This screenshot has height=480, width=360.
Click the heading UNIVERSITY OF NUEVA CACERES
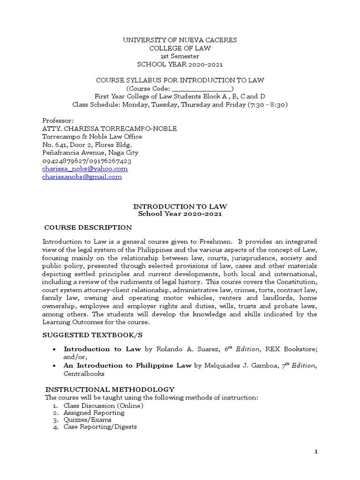click(x=180, y=40)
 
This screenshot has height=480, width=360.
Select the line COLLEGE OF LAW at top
click(x=180, y=48)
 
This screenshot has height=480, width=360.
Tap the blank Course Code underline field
click(x=202, y=88)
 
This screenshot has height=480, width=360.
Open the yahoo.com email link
click(x=85, y=168)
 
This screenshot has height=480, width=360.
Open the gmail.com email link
click(x=82, y=177)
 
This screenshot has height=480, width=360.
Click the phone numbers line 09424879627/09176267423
click(x=87, y=161)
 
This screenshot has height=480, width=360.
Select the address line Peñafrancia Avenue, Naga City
click(x=90, y=152)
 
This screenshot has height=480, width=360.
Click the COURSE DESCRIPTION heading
click(x=88, y=227)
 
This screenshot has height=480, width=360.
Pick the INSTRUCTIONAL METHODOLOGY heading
click(x=110, y=390)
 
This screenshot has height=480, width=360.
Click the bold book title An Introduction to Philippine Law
click(x=127, y=366)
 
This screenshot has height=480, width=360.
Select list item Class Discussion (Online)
click(x=104, y=405)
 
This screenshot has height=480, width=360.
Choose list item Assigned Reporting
click(x=94, y=412)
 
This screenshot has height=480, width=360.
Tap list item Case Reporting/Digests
click(x=100, y=427)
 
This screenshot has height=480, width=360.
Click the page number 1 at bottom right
click(x=316, y=451)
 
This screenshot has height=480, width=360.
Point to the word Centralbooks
click(x=84, y=374)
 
